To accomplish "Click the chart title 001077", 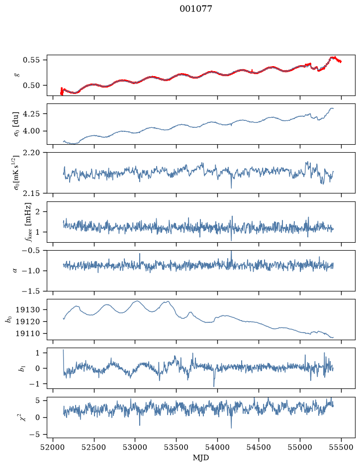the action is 195,9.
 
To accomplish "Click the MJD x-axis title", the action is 201,457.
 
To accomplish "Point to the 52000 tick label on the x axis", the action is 53,447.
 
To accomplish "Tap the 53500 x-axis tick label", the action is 177,447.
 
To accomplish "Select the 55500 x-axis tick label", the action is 341,447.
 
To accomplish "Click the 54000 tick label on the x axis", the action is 217,447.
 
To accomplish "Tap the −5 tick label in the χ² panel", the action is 36,435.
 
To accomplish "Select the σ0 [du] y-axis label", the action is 16,124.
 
